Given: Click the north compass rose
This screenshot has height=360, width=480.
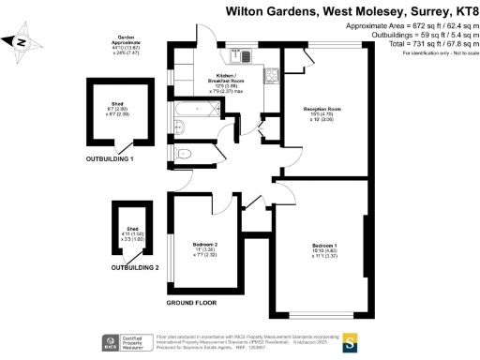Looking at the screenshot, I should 22,40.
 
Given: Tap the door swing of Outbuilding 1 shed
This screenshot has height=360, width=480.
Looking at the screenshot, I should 118,147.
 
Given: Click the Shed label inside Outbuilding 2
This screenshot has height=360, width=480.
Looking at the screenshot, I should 126,230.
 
